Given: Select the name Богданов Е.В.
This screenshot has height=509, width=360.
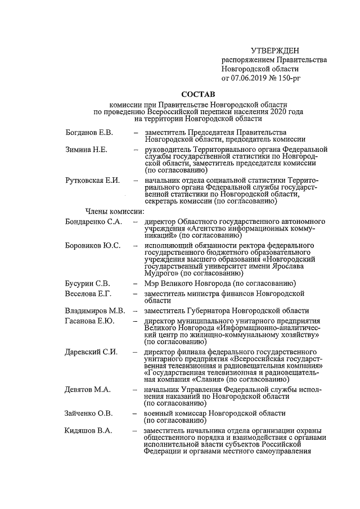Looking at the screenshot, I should pos(89,132).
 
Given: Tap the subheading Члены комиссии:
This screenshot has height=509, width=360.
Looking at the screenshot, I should pos(115,211).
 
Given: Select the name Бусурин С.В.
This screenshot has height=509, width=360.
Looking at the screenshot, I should pos(88,283).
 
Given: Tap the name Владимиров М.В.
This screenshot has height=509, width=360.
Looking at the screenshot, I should pos(94,310).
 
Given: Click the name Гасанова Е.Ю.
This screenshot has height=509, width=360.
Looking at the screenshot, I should pos(90,321).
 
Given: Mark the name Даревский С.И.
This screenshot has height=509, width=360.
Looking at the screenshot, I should pos(91,352).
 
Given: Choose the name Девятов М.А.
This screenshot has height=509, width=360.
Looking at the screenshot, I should pos(88,389).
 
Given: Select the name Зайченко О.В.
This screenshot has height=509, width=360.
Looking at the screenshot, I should pos(89,413).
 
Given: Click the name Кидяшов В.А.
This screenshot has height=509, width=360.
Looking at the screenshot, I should pos(89,430).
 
